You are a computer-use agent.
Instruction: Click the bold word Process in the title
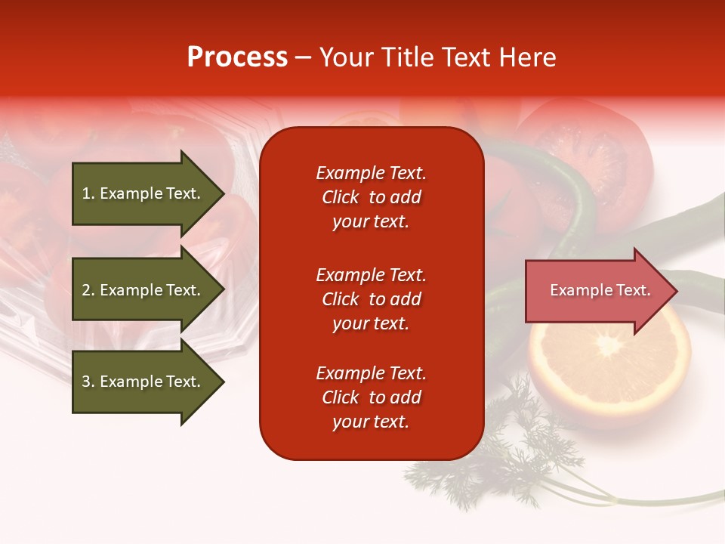pyautogui.click(x=237, y=57)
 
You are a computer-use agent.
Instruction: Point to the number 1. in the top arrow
pyautogui.click(x=88, y=193)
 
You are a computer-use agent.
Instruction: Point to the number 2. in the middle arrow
pyautogui.click(x=88, y=290)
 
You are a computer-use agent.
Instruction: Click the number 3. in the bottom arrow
pyautogui.click(x=88, y=382)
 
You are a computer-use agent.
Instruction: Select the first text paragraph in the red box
pyautogui.click(x=371, y=197)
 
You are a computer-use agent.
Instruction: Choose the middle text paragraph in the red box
pyautogui.click(x=371, y=299)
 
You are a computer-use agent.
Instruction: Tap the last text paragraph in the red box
pyautogui.click(x=371, y=397)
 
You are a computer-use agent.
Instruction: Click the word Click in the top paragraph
pyautogui.click(x=340, y=197)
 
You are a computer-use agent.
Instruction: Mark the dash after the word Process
pyautogui.click(x=304, y=58)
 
